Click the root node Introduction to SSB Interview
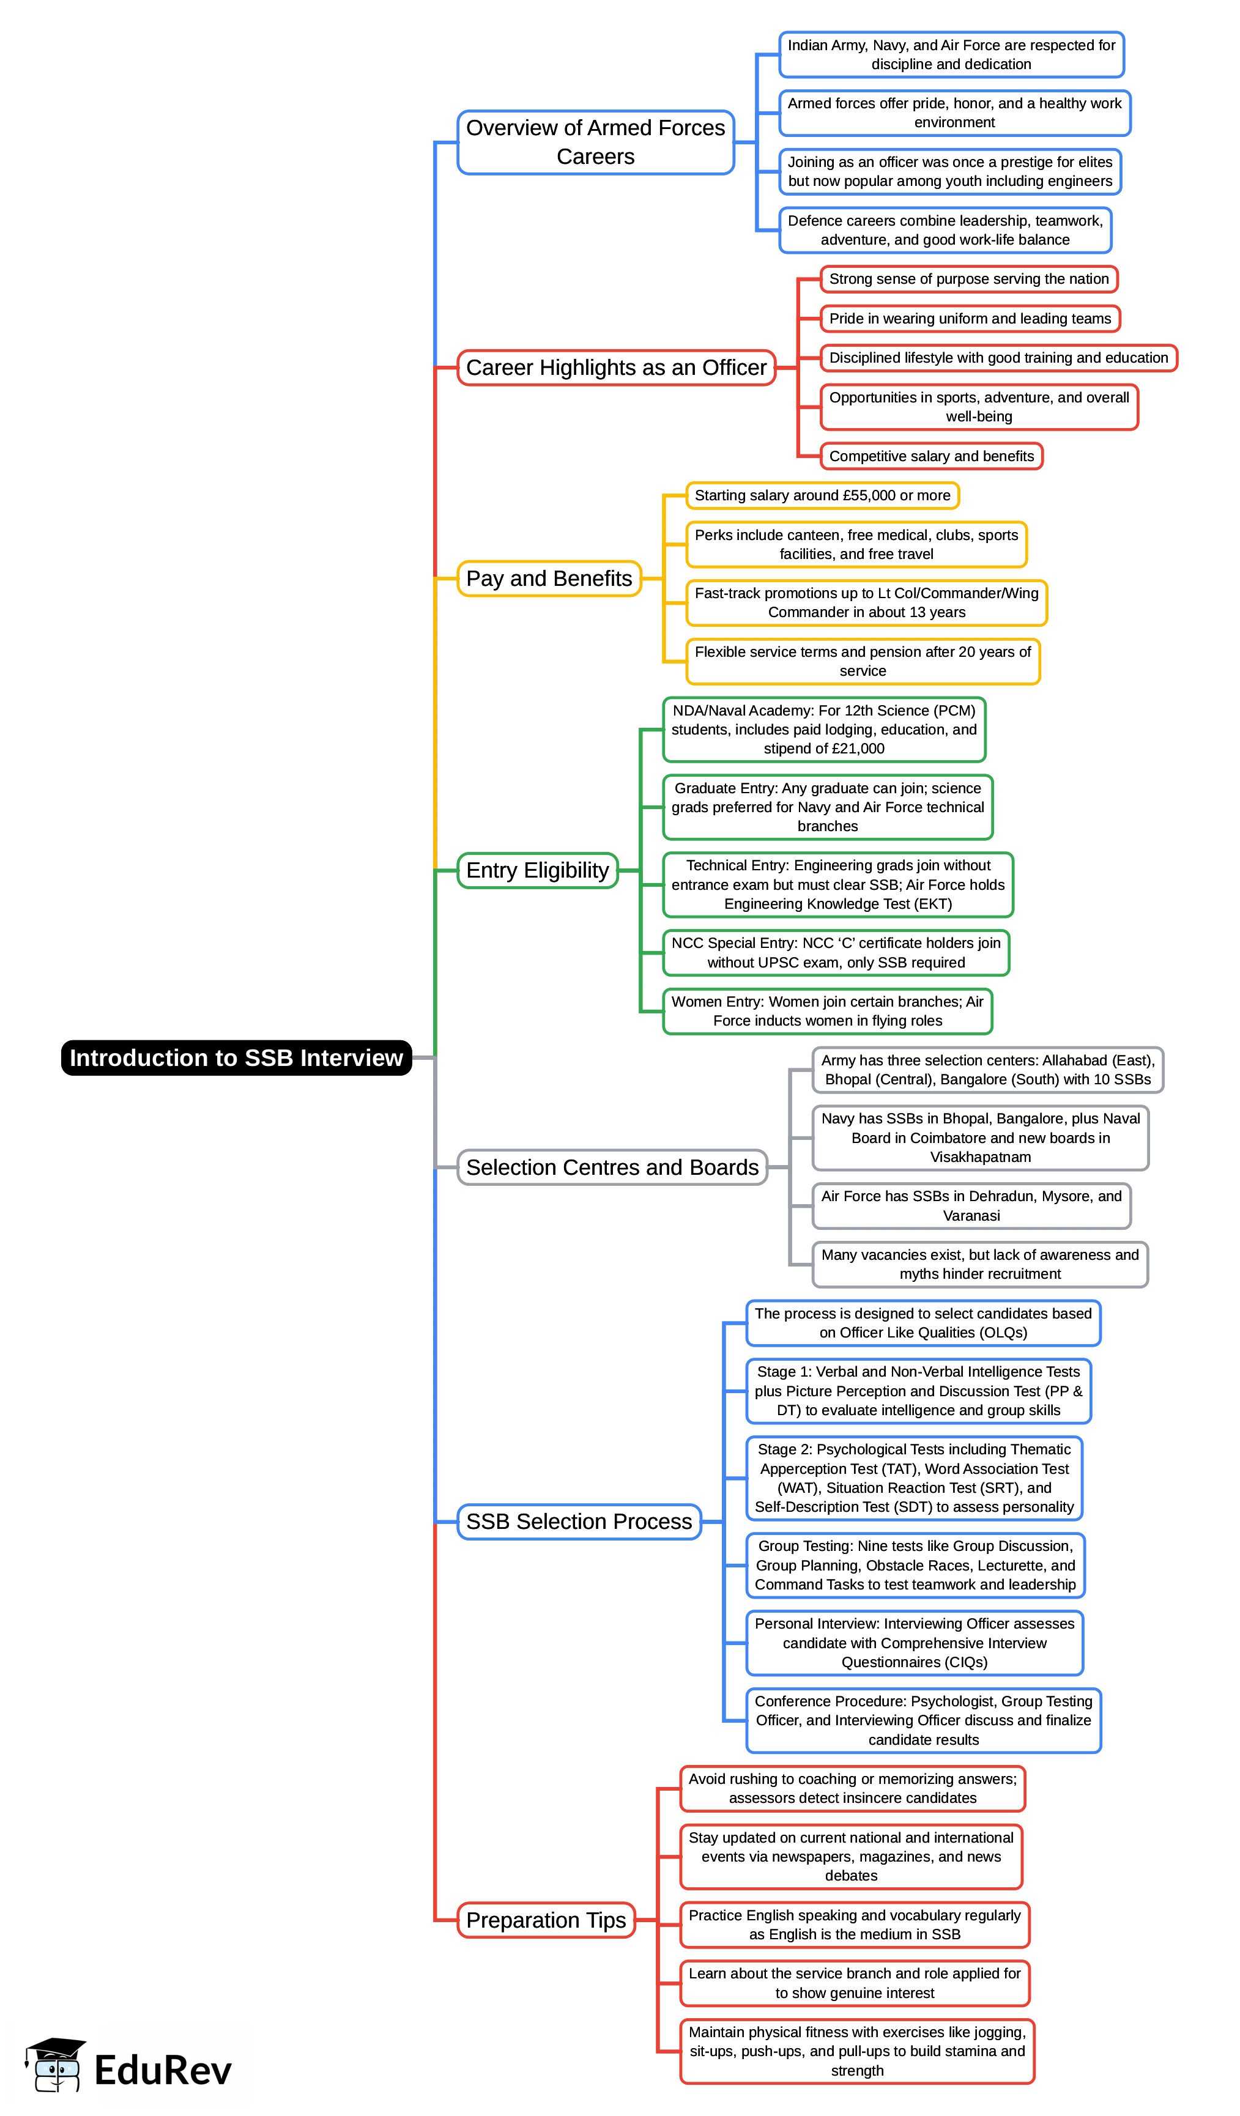[x=236, y=1057]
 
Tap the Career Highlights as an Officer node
[x=616, y=367]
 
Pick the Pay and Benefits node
[x=549, y=579]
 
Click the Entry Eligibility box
[x=537, y=870]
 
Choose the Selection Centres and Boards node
[x=612, y=1167]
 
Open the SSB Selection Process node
[x=579, y=1522]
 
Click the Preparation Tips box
[x=546, y=1920]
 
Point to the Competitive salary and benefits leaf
[x=931, y=456]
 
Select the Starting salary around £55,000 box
[x=822, y=495]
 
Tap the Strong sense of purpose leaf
[x=968, y=279]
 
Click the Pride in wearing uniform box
[x=970, y=318]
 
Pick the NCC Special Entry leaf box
[x=835, y=952]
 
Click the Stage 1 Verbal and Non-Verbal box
[x=918, y=1391]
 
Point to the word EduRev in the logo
[x=162, y=2071]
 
